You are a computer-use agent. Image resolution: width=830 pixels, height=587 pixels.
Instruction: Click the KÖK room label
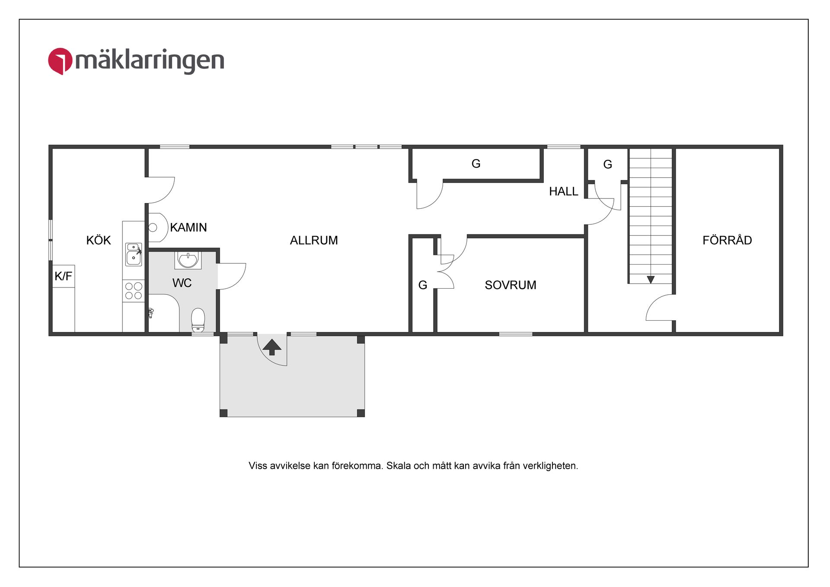[98, 240]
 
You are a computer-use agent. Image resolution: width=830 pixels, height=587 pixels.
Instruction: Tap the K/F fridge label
[63, 276]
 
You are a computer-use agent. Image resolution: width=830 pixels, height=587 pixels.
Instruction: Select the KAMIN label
[188, 227]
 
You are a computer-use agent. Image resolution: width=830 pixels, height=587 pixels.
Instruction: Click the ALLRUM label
[314, 240]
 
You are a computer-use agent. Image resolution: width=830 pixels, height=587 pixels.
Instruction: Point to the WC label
[182, 283]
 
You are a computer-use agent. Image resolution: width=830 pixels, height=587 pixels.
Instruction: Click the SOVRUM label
[510, 285]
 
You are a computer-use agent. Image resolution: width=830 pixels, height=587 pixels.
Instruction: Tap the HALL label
[563, 191]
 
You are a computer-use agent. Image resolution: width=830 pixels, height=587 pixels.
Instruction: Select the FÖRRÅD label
[727, 240]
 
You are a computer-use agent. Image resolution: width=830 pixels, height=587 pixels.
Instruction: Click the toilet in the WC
[198, 319]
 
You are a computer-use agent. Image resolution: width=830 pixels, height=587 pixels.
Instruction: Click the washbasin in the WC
[188, 260]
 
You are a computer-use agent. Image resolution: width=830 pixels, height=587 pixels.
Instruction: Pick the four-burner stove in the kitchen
[134, 291]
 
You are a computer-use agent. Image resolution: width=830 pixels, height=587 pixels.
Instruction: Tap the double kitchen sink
[134, 254]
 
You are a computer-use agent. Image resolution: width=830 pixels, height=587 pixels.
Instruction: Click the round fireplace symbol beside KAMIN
[153, 227]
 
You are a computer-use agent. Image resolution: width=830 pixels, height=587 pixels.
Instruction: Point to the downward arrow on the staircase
[651, 280]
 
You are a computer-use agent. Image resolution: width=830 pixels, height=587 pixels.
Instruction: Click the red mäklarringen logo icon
[60, 61]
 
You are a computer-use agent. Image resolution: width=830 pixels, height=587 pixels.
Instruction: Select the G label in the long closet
[476, 164]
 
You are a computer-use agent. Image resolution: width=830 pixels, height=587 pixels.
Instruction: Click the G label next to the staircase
[607, 165]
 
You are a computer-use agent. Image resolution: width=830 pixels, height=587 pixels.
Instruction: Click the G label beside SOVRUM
[422, 285]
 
